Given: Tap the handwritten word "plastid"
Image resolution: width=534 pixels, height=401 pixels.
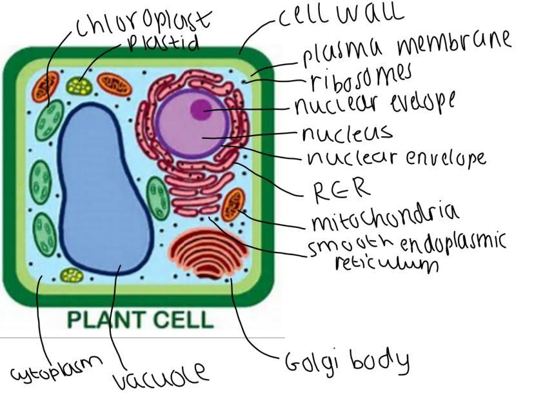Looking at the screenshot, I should click(x=163, y=43).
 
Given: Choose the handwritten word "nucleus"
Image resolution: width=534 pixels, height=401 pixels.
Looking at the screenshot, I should click(x=347, y=134).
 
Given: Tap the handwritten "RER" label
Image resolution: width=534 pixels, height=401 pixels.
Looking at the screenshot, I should click(x=342, y=189).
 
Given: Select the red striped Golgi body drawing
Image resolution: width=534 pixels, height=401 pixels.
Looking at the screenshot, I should click(x=208, y=253).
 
